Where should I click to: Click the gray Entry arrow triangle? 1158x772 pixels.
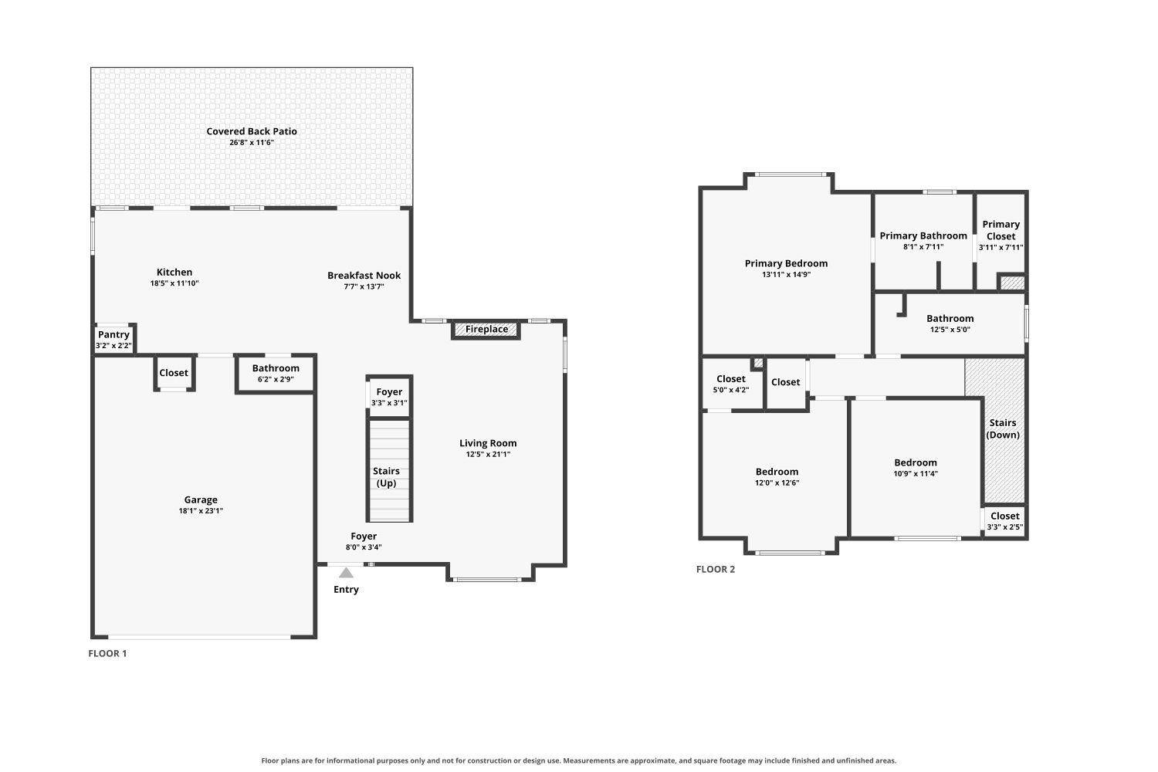point(346,573)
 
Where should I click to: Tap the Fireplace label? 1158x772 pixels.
point(486,329)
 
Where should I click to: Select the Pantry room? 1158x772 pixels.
point(115,339)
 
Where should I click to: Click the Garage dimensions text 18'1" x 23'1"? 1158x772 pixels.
point(201,511)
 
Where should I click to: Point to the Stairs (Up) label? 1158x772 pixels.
point(386,477)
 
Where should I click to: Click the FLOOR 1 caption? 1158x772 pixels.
point(107,654)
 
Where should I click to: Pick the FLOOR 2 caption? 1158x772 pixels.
point(716,569)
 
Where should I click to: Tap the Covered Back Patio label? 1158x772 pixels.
point(252,131)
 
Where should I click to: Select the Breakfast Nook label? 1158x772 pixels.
point(364,276)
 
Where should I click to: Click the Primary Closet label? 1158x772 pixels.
point(1001,230)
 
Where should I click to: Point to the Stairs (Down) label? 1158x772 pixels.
point(1003,428)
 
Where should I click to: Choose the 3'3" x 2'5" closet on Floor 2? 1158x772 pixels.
point(1004,522)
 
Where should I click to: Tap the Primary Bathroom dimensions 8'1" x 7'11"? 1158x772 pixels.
point(923,247)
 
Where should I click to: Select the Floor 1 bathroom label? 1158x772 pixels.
point(276,368)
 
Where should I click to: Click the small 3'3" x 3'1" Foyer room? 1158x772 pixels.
point(389,397)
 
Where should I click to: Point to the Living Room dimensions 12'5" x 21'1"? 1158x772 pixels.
point(488,455)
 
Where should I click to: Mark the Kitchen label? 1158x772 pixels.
point(174,272)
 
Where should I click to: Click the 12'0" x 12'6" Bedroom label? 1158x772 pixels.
point(777,472)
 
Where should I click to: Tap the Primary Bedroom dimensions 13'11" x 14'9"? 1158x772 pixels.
point(787,275)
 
